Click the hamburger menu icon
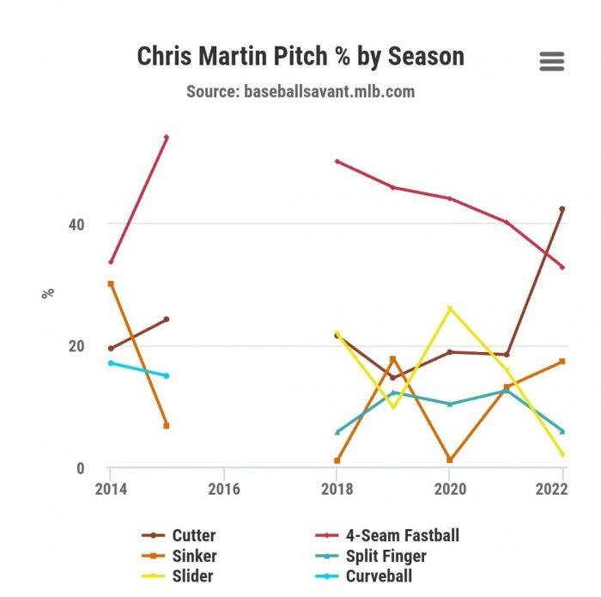coord(551,61)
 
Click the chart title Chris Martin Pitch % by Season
coord(300,57)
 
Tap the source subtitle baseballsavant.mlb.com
coord(300,91)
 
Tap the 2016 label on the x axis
coord(223,489)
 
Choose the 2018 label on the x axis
coord(337,489)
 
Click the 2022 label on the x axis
coord(550,489)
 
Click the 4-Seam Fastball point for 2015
coord(167,137)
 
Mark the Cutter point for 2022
coord(562,209)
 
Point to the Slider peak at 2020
coord(449,308)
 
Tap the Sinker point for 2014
coord(111,283)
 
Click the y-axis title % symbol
coord(48,293)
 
